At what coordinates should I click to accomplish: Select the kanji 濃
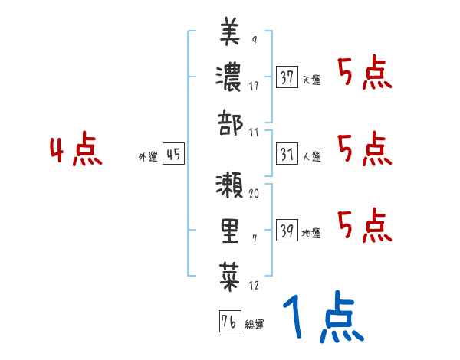230,77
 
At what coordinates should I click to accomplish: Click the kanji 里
230,230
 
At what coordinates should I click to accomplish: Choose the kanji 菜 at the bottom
230,273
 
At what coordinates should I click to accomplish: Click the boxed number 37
287,77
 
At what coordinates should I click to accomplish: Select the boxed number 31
287,154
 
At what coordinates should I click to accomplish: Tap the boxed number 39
287,230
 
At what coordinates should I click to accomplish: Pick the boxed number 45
173,154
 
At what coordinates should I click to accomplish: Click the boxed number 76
229,322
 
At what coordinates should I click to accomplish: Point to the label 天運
312,80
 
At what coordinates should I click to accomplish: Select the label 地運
312,233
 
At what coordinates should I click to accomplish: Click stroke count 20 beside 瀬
254,195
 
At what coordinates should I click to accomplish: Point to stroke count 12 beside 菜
254,286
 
